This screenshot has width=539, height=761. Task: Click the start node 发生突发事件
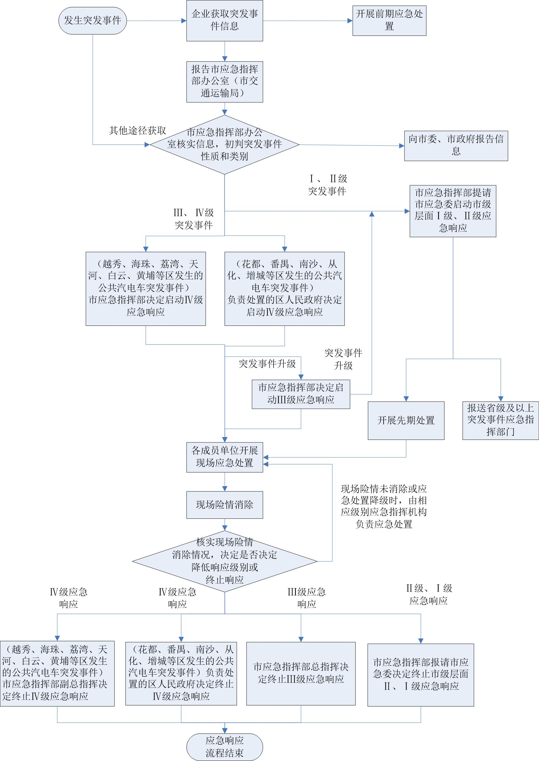coord(92,20)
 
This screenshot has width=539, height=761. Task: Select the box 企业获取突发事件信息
coord(225,20)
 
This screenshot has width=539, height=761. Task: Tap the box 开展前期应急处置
coord(389,20)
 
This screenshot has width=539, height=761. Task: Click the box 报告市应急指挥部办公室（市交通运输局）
coord(225,82)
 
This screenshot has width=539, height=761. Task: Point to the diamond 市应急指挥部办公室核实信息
coord(225,145)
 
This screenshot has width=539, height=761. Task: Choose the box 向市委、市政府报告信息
coord(456,145)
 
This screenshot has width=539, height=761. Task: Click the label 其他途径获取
coord(137,131)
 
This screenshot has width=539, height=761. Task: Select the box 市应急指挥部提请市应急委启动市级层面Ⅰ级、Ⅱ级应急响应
coord(453,211)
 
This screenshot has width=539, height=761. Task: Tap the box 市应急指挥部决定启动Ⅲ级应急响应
coord(301,394)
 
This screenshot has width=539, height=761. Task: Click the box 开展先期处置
coord(406,420)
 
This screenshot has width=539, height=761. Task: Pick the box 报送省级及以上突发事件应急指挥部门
coord(501,420)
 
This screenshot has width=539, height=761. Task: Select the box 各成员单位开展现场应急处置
coord(225,457)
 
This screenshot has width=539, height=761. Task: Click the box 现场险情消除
coord(225,505)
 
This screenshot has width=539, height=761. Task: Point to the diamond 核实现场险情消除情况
coord(225,561)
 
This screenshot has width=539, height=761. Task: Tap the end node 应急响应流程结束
coord(225,747)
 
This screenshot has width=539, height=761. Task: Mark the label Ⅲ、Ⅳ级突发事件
coord(193,219)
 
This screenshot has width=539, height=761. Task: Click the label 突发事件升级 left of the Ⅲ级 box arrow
coord(267,364)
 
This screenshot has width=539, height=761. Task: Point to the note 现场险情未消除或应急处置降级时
coord(384,506)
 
